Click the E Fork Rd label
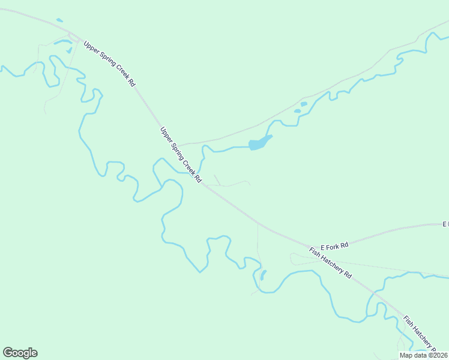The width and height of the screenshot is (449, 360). (x=334, y=246)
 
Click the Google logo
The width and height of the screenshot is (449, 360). (x=20, y=353)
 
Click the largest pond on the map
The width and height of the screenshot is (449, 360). (x=259, y=143)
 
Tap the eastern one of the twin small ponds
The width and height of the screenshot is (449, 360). (x=304, y=104)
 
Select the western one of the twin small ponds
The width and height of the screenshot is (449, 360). (x=297, y=110)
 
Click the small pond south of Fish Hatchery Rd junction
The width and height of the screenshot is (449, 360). (x=263, y=275)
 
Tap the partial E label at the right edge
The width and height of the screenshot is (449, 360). (x=445, y=224)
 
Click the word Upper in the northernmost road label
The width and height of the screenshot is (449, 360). (x=89, y=46)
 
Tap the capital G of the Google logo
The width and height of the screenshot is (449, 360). (x=8, y=353)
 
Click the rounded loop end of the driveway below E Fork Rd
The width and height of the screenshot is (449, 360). (x=292, y=259)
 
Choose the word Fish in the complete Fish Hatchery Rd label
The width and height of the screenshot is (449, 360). (x=315, y=252)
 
